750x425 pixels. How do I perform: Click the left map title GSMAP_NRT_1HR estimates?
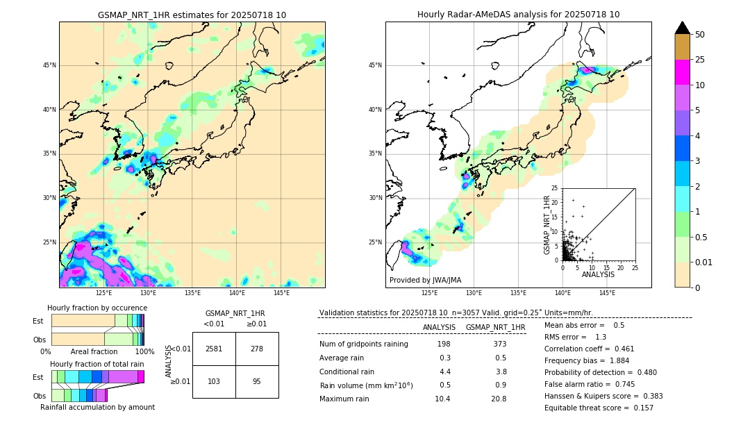tap(192, 15)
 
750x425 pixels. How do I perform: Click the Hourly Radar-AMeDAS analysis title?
tap(518, 15)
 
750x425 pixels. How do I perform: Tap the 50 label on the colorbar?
tap(700, 35)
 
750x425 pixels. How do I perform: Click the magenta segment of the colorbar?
tap(682, 72)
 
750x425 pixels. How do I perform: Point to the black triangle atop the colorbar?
tap(682, 28)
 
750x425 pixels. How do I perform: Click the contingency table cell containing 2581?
tap(214, 349)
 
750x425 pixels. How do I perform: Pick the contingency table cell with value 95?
tap(257, 381)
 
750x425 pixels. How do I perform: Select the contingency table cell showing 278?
tap(257, 349)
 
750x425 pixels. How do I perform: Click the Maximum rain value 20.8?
tap(499, 399)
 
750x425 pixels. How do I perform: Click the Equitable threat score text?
tap(599, 408)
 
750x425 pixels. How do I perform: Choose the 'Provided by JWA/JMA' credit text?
tap(425, 280)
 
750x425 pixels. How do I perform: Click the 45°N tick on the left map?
tap(49, 65)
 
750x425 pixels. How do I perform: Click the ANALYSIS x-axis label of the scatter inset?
tap(598, 274)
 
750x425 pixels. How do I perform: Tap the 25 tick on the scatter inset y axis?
tap(556, 188)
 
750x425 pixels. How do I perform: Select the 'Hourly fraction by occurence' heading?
tap(97, 308)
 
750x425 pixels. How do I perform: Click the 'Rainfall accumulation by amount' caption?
tap(97, 408)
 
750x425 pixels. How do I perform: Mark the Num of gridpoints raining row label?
tap(363, 344)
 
